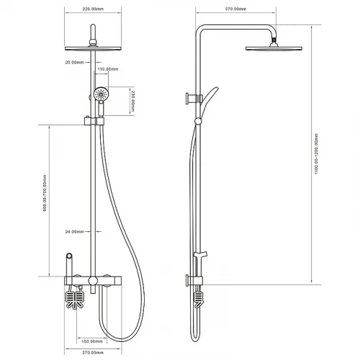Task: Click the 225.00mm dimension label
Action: tap(93, 9)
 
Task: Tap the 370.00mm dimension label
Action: tap(235, 9)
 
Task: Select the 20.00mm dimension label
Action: tap(74, 63)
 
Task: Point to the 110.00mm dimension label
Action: tap(108, 69)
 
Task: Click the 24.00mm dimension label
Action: tap(74, 232)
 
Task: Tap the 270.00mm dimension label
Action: tap(93, 353)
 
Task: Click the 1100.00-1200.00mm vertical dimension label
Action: tap(316, 153)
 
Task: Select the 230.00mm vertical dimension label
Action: tap(132, 101)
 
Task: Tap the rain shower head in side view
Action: tap(274, 48)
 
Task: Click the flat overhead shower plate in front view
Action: tap(93, 48)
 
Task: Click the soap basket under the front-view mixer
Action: tap(75, 300)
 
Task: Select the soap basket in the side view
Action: tap(198, 300)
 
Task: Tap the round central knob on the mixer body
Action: tap(93, 281)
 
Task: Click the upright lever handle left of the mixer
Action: tap(69, 264)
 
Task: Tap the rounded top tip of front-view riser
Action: tap(93, 25)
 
